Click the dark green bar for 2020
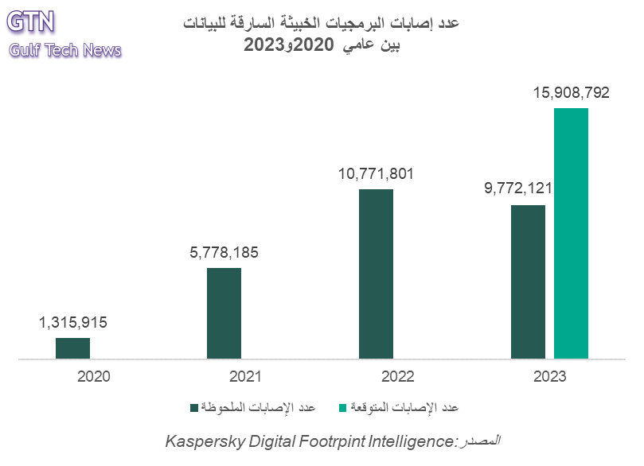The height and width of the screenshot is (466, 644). [72, 348]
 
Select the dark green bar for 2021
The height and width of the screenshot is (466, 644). [224, 313]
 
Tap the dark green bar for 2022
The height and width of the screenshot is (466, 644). [376, 274]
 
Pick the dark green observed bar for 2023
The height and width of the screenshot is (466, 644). [528, 282]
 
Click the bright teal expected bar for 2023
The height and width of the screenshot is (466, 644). [571, 234]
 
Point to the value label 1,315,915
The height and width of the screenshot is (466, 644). [72, 323]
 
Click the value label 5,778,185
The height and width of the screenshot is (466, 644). [224, 254]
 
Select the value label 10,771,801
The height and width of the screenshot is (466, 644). [377, 174]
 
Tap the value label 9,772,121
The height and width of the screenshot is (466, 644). [518, 189]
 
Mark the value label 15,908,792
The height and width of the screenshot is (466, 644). [571, 93]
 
